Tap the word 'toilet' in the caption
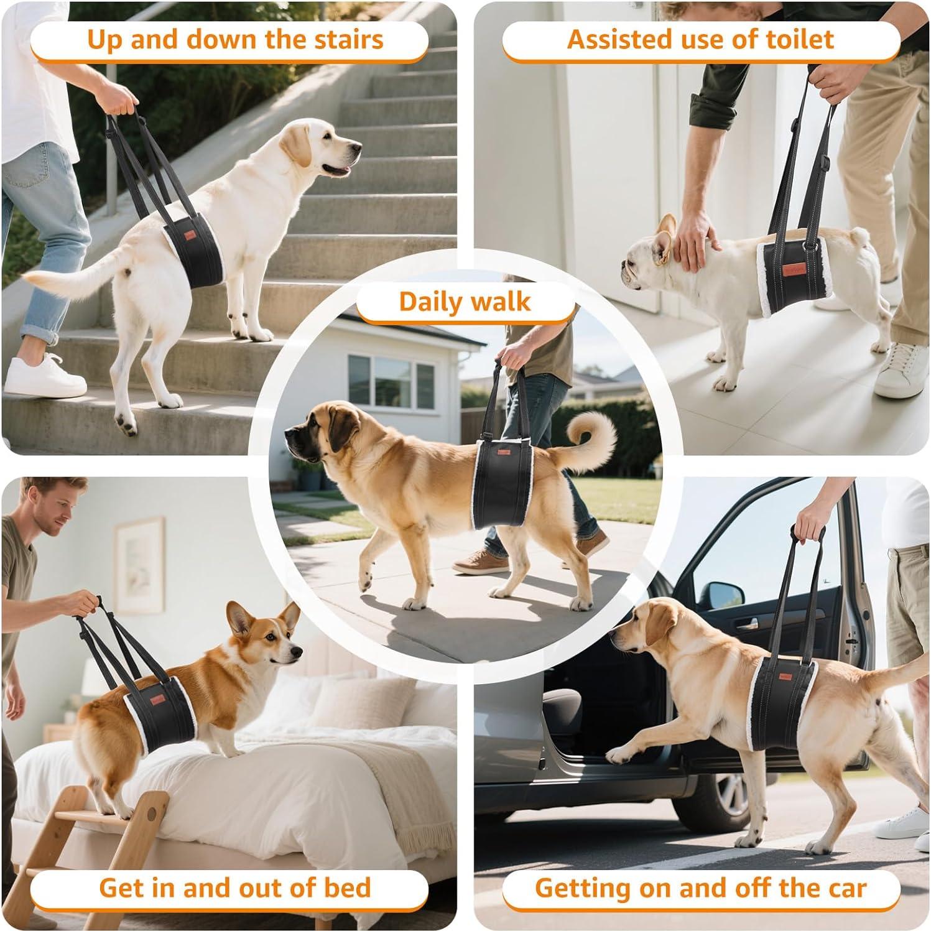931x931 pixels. [800, 39]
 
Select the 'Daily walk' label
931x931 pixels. [465, 302]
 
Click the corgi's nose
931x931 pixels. [299, 651]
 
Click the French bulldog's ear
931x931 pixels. [667, 231]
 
